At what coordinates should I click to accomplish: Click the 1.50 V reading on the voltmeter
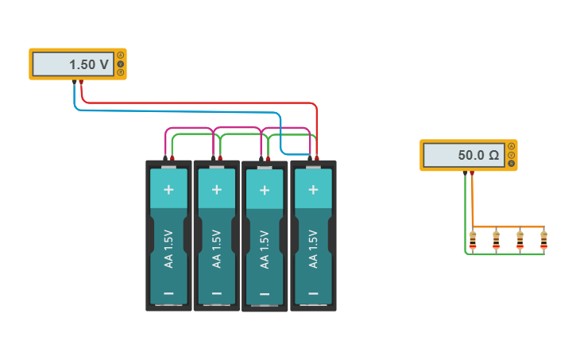pos(88,64)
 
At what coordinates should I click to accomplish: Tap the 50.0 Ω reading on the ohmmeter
pos(478,155)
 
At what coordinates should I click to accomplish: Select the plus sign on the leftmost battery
pos(168,190)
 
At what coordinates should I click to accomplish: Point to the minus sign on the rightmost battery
pos(313,293)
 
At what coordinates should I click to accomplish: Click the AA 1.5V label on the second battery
pos(217,248)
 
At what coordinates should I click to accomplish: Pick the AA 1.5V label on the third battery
pos(265,249)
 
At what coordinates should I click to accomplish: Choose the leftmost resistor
pos(473,239)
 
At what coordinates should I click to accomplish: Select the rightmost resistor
pos(543,239)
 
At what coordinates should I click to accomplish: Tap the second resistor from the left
pos(497,239)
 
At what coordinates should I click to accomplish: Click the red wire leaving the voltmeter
pos(199,103)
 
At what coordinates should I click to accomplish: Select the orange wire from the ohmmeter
pos(508,227)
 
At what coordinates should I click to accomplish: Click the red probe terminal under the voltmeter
pos(81,82)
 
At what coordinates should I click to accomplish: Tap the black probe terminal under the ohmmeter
pos(466,172)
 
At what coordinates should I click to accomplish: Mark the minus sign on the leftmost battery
pos(168,293)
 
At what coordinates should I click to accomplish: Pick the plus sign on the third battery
pos(265,190)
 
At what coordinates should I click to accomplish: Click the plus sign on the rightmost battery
pos(313,190)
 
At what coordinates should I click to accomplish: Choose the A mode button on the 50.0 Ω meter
pos(512,146)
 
